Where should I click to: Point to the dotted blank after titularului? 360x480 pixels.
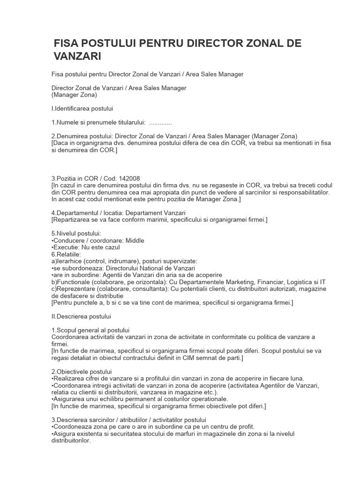[160, 122]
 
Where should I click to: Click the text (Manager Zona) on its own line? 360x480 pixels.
[74, 95]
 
